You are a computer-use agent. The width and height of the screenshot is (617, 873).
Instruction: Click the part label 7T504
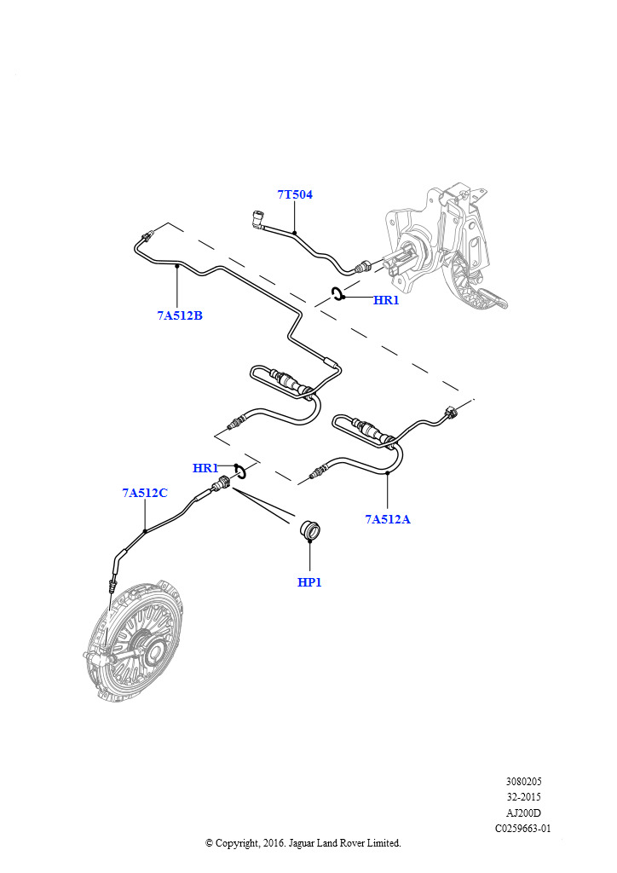pyautogui.click(x=295, y=195)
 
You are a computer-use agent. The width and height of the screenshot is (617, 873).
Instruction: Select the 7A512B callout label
pyautogui.click(x=179, y=315)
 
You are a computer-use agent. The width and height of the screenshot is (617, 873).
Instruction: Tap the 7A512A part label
pyautogui.click(x=387, y=518)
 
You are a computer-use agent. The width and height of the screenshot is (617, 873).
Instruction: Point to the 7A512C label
pyautogui.click(x=144, y=493)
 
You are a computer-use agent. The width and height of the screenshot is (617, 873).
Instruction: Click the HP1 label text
pyautogui.click(x=309, y=582)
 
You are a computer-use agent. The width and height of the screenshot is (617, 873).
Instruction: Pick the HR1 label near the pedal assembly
pyautogui.click(x=386, y=300)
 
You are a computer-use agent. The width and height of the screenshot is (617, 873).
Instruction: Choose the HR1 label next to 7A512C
pyautogui.click(x=205, y=468)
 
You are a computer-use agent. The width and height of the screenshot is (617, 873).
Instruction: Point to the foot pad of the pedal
pyautogui.click(x=493, y=298)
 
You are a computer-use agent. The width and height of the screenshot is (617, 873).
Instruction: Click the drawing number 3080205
pyautogui.click(x=523, y=781)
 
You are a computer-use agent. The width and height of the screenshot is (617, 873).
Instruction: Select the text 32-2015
pyautogui.click(x=523, y=796)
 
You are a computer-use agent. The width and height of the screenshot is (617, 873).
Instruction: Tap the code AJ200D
pyautogui.click(x=523, y=812)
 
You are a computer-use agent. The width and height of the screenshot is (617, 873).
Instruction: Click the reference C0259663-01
pyautogui.click(x=523, y=828)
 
